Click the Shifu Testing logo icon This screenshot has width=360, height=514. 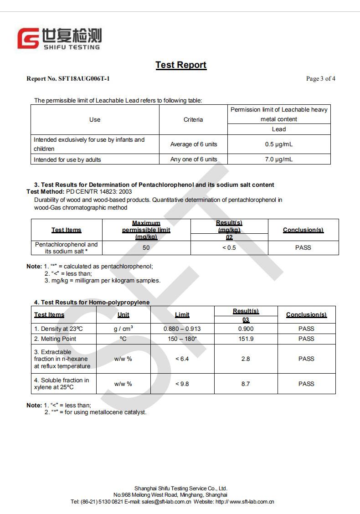point(28,38)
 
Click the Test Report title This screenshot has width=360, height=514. point(181,65)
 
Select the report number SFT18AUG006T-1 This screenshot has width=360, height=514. point(84,79)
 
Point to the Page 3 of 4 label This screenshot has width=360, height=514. point(320,79)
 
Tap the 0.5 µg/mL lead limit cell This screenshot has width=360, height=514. point(278,144)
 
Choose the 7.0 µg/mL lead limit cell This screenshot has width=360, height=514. point(278,159)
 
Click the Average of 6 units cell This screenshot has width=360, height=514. point(194,144)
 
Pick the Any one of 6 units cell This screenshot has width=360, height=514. point(194,159)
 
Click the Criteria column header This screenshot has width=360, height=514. point(193,119)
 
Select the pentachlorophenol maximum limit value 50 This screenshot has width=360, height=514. point(146,248)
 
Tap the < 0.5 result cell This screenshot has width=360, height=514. point(229,248)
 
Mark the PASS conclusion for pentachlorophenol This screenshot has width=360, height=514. point(303,248)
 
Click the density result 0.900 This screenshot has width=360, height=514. point(246,329)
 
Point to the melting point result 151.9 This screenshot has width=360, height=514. point(246,339)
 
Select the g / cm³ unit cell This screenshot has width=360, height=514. point(123,329)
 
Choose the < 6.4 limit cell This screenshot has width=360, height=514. point(182,359)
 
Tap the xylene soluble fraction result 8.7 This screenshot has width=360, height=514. point(246,384)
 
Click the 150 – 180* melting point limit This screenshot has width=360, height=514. point(182,339)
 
